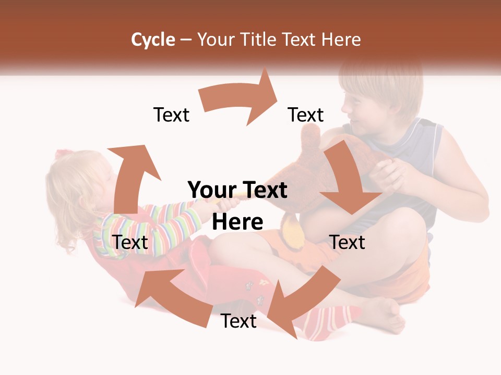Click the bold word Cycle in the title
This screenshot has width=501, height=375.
pyautogui.click(x=153, y=40)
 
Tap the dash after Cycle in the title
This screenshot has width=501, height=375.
pyautogui.click(x=186, y=40)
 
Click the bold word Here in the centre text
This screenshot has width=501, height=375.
pyautogui.click(x=237, y=222)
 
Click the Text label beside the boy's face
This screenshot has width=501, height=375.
pyautogui.click(x=306, y=115)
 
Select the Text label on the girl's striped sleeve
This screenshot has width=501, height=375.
pyautogui.click(x=130, y=242)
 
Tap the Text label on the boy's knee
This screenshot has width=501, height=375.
pyautogui.click(x=347, y=242)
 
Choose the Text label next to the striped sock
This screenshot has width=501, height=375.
pyautogui.click(x=238, y=321)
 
